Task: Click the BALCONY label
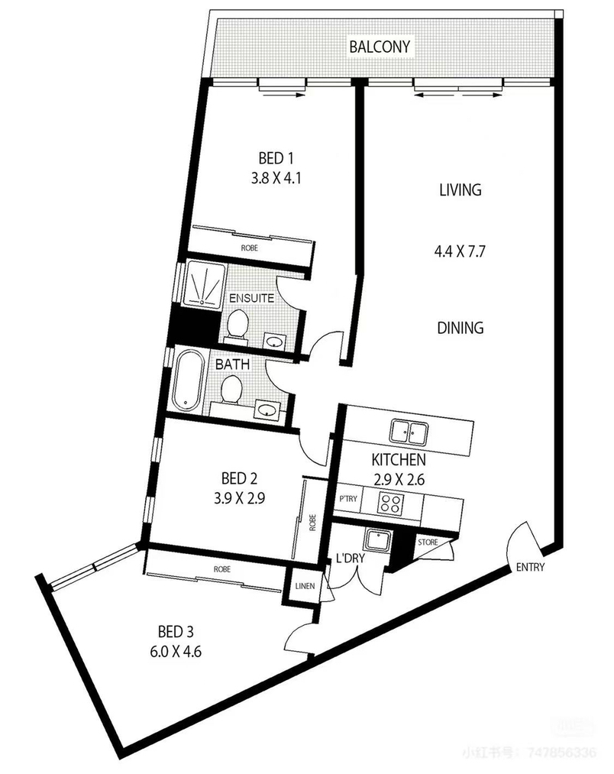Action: (x=380, y=47)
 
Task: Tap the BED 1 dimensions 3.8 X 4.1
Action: (x=276, y=178)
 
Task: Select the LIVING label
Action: (x=460, y=189)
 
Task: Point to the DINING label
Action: (x=460, y=328)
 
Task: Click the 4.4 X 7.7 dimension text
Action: (x=460, y=251)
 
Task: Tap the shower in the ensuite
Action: (x=204, y=285)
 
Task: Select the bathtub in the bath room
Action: (x=188, y=380)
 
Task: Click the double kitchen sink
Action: (x=408, y=432)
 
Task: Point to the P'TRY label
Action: (x=348, y=499)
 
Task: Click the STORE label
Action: (x=428, y=542)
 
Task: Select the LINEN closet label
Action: (x=305, y=586)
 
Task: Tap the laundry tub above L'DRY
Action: (x=377, y=540)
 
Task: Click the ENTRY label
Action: (x=530, y=567)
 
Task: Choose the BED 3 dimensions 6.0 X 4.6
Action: (x=175, y=652)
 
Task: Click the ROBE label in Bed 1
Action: (x=249, y=248)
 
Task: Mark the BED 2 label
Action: (x=239, y=478)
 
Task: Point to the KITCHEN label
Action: (x=399, y=460)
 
